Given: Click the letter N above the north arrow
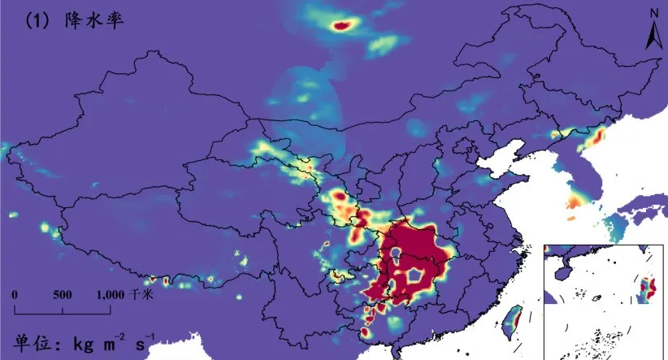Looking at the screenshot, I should pos(653,13).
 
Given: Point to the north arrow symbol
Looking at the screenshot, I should pos(653,34).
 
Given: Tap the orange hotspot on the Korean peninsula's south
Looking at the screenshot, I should pos(575,201).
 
